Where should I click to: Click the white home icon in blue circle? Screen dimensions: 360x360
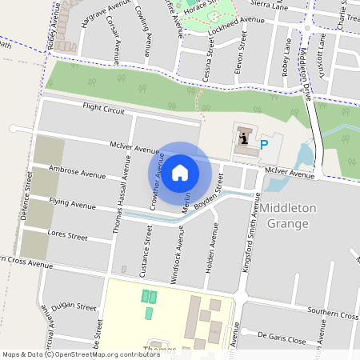[x=180, y=170]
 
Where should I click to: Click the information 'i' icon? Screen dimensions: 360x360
[x=243, y=138]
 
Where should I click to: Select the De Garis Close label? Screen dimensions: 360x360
[x=282, y=339]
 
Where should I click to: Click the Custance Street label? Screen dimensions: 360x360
[x=146, y=251]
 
